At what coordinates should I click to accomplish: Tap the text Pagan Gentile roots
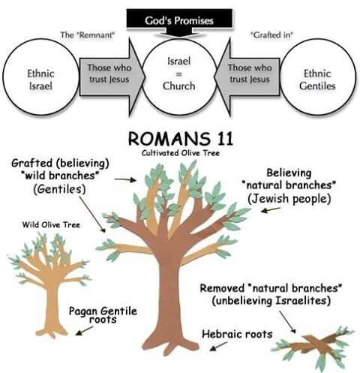103,313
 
